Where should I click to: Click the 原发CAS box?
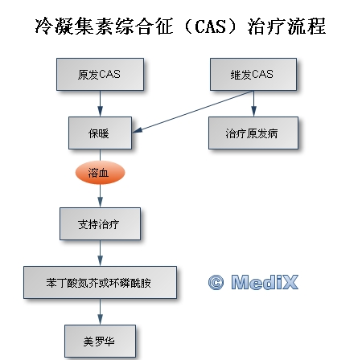pyautogui.click(x=100, y=74)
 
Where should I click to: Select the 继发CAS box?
pyautogui.click(x=253, y=74)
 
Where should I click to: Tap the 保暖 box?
pyautogui.click(x=100, y=133)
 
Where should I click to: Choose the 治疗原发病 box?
pyautogui.click(x=253, y=133)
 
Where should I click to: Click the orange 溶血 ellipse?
pyautogui.click(x=100, y=173)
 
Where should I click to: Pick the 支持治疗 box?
pyautogui.click(x=100, y=223)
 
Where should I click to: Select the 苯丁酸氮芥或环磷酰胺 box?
pyautogui.click(x=100, y=282)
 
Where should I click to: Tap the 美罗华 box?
pyautogui.click(x=100, y=341)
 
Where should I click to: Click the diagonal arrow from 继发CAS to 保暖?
pyautogui.click(x=193, y=112)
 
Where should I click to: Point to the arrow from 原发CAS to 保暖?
pyautogui.click(x=100, y=104)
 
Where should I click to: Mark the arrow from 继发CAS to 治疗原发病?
pyautogui.click(x=253, y=104)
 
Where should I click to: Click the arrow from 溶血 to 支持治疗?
pyautogui.click(x=100, y=196)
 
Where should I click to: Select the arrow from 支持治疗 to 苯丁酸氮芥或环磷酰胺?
pyautogui.click(x=100, y=253)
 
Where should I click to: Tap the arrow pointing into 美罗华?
pyautogui.click(x=100, y=312)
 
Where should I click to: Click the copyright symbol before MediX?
pyautogui.click(x=216, y=282)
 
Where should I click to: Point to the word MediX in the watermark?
pyautogui.click(x=265, y=282)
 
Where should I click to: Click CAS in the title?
pyautogui.click(x=210, y=27)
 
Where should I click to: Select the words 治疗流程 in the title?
pyautogui.click(x=286, y=27)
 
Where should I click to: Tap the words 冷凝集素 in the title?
pyautogui.click(x=73, y=27)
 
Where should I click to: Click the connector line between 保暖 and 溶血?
pyautogui.click(x=100, y=155)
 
